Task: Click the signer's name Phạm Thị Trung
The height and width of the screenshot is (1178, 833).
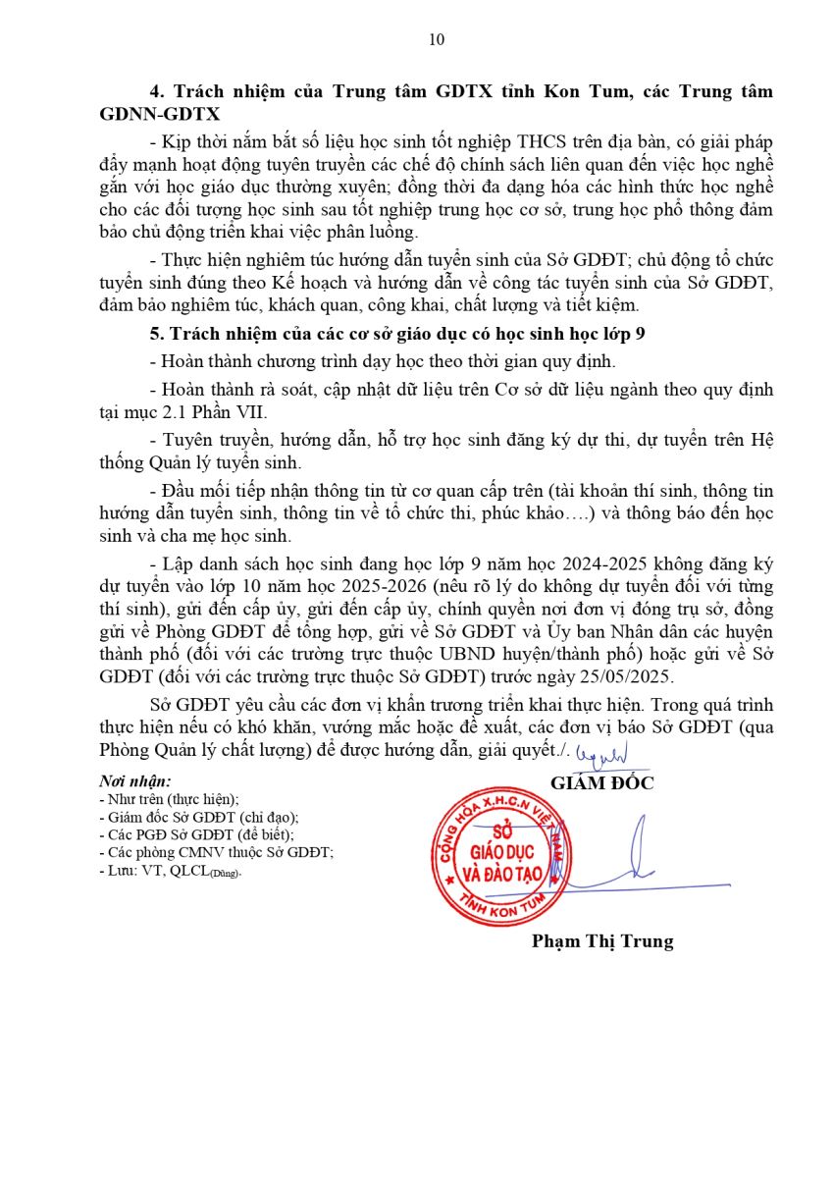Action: click(x=602, y=940)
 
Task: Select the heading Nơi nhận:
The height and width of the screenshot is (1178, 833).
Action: click(x=135, y=781)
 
